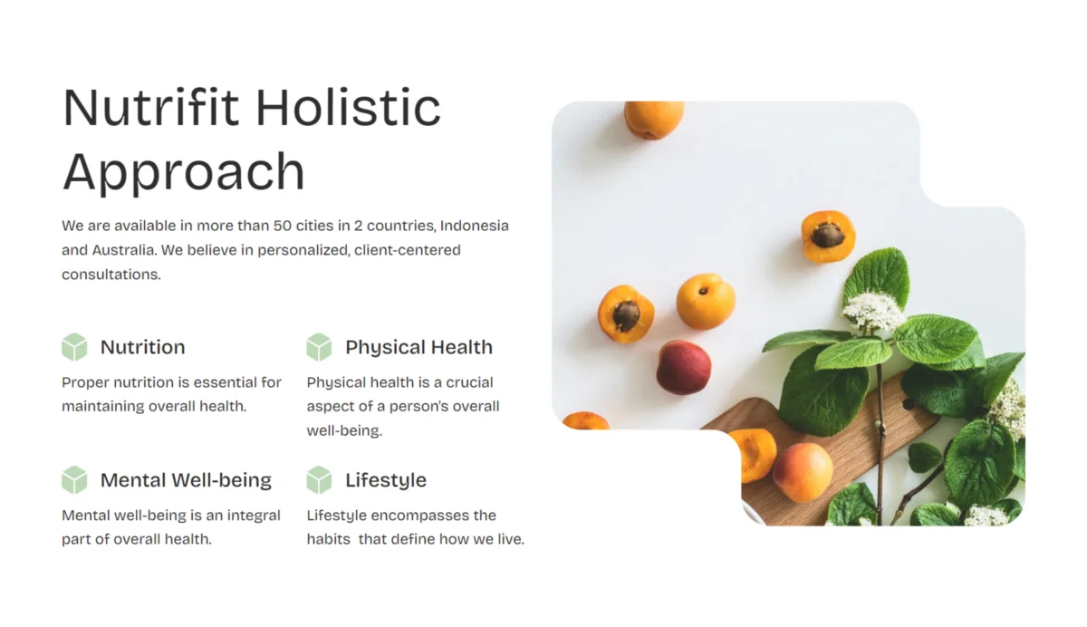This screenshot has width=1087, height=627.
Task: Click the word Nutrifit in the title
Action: click(151, 107)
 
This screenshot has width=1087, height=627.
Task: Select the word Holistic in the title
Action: click(348, 107)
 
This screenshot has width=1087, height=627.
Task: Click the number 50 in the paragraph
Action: click(282, 226)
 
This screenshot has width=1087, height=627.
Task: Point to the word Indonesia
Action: click(474, 226)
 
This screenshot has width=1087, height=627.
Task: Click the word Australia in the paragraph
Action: click(124, 250)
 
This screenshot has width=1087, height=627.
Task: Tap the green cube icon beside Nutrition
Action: click(74, 347)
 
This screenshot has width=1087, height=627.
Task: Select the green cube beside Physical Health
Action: click(319, 347)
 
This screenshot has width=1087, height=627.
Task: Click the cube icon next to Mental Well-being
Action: click(74, 480)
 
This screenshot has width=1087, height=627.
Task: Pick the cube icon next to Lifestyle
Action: click(319, 480)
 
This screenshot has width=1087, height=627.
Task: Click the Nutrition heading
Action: click(143, 347)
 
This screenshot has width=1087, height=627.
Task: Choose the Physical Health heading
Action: click(418, 348)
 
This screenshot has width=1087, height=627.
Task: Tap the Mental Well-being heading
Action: click(186, 480)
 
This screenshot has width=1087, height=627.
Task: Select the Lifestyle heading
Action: click(386, 481)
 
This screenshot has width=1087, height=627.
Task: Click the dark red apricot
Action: click(684, 367)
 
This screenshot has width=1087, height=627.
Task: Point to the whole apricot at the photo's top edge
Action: click(654, 120)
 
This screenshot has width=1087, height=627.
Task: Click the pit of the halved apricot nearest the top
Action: click(828, 236)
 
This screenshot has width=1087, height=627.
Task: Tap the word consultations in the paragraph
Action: click(111, 275)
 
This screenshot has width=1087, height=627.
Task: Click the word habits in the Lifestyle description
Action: click(329, 539)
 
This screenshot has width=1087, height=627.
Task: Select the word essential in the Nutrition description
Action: click(225, 382)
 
